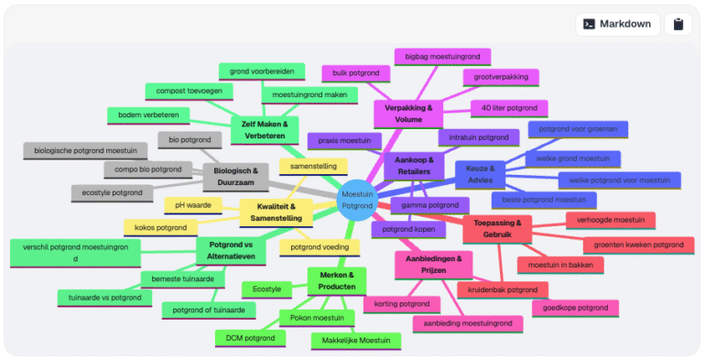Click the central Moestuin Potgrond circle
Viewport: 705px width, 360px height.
click(x=356, y=200)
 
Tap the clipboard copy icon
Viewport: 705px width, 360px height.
click(x=678, y=24)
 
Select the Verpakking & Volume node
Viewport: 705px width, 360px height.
click(x=407, y=114)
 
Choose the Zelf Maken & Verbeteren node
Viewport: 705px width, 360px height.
click(x=264, y=129)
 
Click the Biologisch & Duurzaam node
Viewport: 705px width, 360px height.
click(x=235, y=176)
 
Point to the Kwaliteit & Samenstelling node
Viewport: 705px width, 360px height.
click(x=273, y=213)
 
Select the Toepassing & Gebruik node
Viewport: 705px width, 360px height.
click(x=497, y=229)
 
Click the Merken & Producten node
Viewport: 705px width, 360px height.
click(x=336, y=281)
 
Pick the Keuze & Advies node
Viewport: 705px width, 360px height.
click(x=480, y=174)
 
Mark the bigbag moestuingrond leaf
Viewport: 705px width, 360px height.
click(x=441, y=58)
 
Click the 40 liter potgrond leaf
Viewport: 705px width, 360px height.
click(x=509, y=108)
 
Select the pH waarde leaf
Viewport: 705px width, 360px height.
click(x=193, y=205)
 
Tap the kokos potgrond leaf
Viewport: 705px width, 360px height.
click(x=160, y=227)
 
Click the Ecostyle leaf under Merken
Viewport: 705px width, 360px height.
click(x=266, y=289)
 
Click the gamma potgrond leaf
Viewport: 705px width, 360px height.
click(x=429, y=204)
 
